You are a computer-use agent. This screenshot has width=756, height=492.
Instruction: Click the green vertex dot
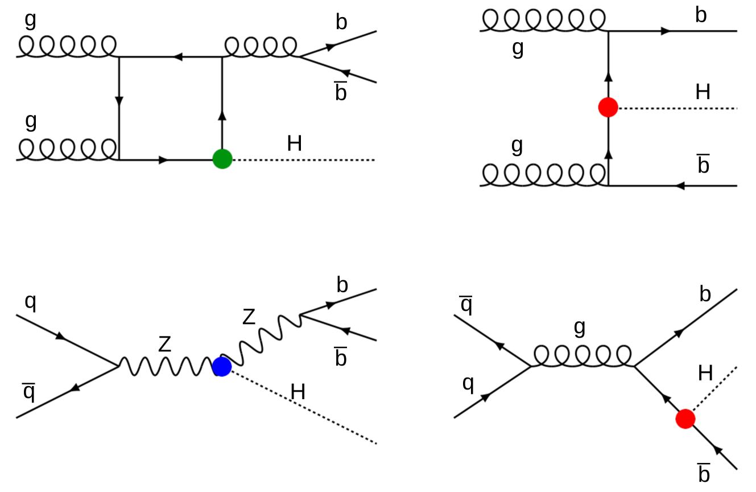click(222, 159)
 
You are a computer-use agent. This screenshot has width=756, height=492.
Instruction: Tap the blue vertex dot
click(221, 367)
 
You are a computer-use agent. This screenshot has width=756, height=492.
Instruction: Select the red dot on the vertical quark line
click(608, 107)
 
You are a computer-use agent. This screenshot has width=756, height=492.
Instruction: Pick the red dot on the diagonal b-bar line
click(685, 419)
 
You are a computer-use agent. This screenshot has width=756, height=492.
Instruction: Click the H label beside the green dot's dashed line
click(294, 144)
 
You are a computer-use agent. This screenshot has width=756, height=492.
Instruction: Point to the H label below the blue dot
click(298, 391)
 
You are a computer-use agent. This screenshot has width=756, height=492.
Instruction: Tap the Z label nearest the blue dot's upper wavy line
click(249, 317)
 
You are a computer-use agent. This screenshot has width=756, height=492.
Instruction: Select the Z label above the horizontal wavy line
click(164, 345)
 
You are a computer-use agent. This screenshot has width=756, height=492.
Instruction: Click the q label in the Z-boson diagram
click(30, 302)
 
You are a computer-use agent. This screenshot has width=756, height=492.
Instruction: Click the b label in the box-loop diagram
click(342, 23)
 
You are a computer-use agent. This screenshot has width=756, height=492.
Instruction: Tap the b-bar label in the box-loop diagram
click(340, 92)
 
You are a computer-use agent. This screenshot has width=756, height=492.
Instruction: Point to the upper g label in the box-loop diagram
click(30, 21)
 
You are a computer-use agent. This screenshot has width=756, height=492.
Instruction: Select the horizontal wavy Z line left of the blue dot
click(165, 366)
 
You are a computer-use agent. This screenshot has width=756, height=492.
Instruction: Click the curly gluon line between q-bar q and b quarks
click(581, 357)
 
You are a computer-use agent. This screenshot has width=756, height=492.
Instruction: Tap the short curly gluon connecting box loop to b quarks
click(261, 47)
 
